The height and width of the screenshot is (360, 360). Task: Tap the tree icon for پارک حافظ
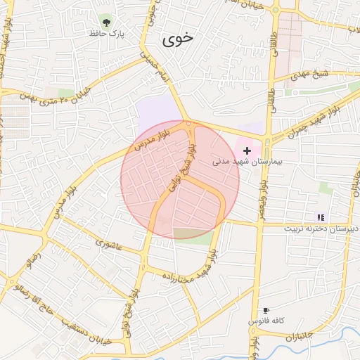pos(106,20)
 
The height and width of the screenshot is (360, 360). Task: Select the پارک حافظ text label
pos(106,32)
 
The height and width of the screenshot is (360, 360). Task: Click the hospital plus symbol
pos(247,150)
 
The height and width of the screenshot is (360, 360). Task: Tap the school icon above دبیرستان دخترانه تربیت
pos(321,217)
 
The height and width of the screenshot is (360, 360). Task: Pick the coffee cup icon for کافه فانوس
pos(266,310)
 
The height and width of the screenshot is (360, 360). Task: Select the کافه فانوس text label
pos(266,321)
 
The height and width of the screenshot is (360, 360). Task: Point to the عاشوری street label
pos(110,244)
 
